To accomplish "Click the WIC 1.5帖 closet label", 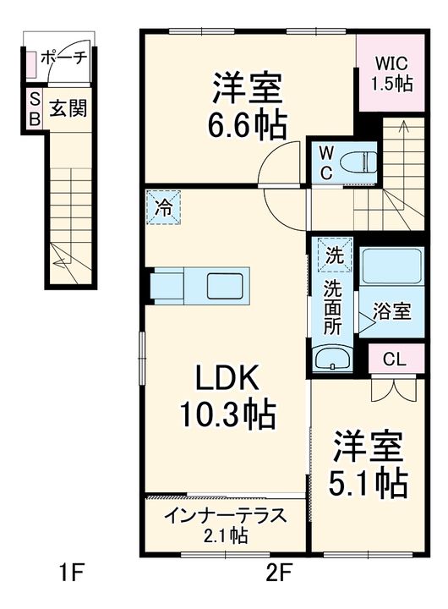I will [391, 74].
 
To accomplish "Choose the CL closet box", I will [394, 359].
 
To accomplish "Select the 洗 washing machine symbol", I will [331, 253].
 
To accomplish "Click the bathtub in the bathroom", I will [391, 266].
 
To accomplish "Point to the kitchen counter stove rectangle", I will [227, 285].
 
